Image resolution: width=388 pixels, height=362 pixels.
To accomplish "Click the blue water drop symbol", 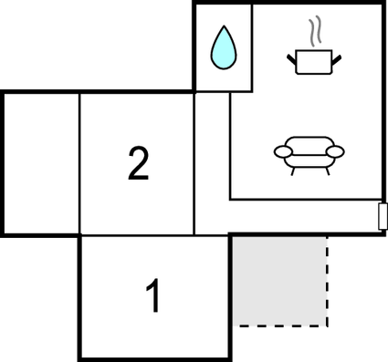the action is [x=223, y=49].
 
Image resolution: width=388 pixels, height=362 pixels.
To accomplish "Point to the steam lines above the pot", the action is [x=316, y=33].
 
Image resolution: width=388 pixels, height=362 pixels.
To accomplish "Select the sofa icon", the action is [x=310, y=153].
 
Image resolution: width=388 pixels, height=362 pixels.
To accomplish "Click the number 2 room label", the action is [x=137, y=164].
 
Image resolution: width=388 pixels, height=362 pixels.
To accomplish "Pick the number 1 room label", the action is [x=154, y=296].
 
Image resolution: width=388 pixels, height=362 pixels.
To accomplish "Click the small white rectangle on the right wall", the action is [x=383, y=216].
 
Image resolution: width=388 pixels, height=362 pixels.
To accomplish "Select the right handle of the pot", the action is [x=338, y=60].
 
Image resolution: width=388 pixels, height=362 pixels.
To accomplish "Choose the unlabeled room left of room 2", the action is [x=42, y=162].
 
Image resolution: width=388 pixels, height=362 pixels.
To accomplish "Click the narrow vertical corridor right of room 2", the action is [x=211, y=162].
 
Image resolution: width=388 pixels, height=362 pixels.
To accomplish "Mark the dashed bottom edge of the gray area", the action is [x=279, y=325].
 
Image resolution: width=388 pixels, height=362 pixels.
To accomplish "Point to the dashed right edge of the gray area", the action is [x=327, y=279].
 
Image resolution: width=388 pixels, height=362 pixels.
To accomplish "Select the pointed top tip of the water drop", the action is [x=223, y=28].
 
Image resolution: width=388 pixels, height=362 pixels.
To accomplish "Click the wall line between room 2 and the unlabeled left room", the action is [x=79, y=162].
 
